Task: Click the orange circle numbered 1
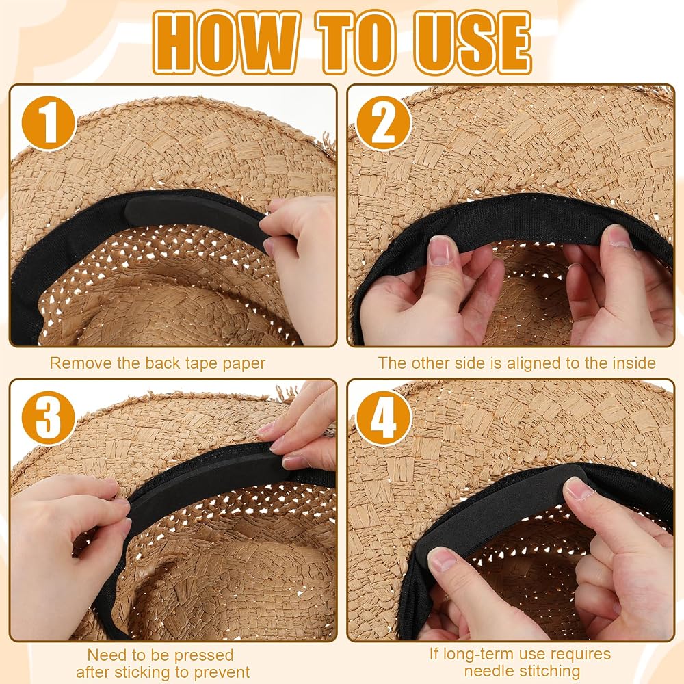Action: (x=49, y=123)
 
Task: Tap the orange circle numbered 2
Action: (x=384, y=123)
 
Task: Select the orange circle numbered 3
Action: (x=49, y=418)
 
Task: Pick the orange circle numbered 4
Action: (x=384, y=418)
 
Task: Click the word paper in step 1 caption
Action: (x=244, y=365)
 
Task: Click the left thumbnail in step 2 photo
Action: (x=440, y=252)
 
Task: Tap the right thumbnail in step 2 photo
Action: (x=616, y=237)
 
